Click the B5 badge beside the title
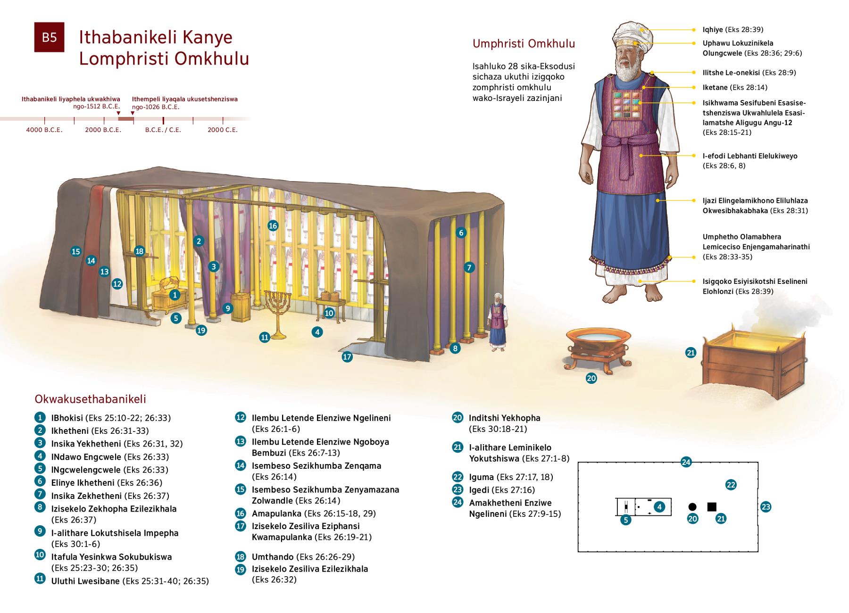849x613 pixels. (49, 37)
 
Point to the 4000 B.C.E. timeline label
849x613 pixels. (44, 130)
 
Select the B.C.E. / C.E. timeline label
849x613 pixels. (163, 130)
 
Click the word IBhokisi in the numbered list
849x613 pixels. (67, 418)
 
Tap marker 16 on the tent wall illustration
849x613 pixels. (273, 225)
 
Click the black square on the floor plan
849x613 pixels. (712, 507)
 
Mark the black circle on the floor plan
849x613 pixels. (692, 507)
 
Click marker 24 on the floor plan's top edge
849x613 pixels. (686, 462)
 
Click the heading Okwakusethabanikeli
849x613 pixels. (91, 399)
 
